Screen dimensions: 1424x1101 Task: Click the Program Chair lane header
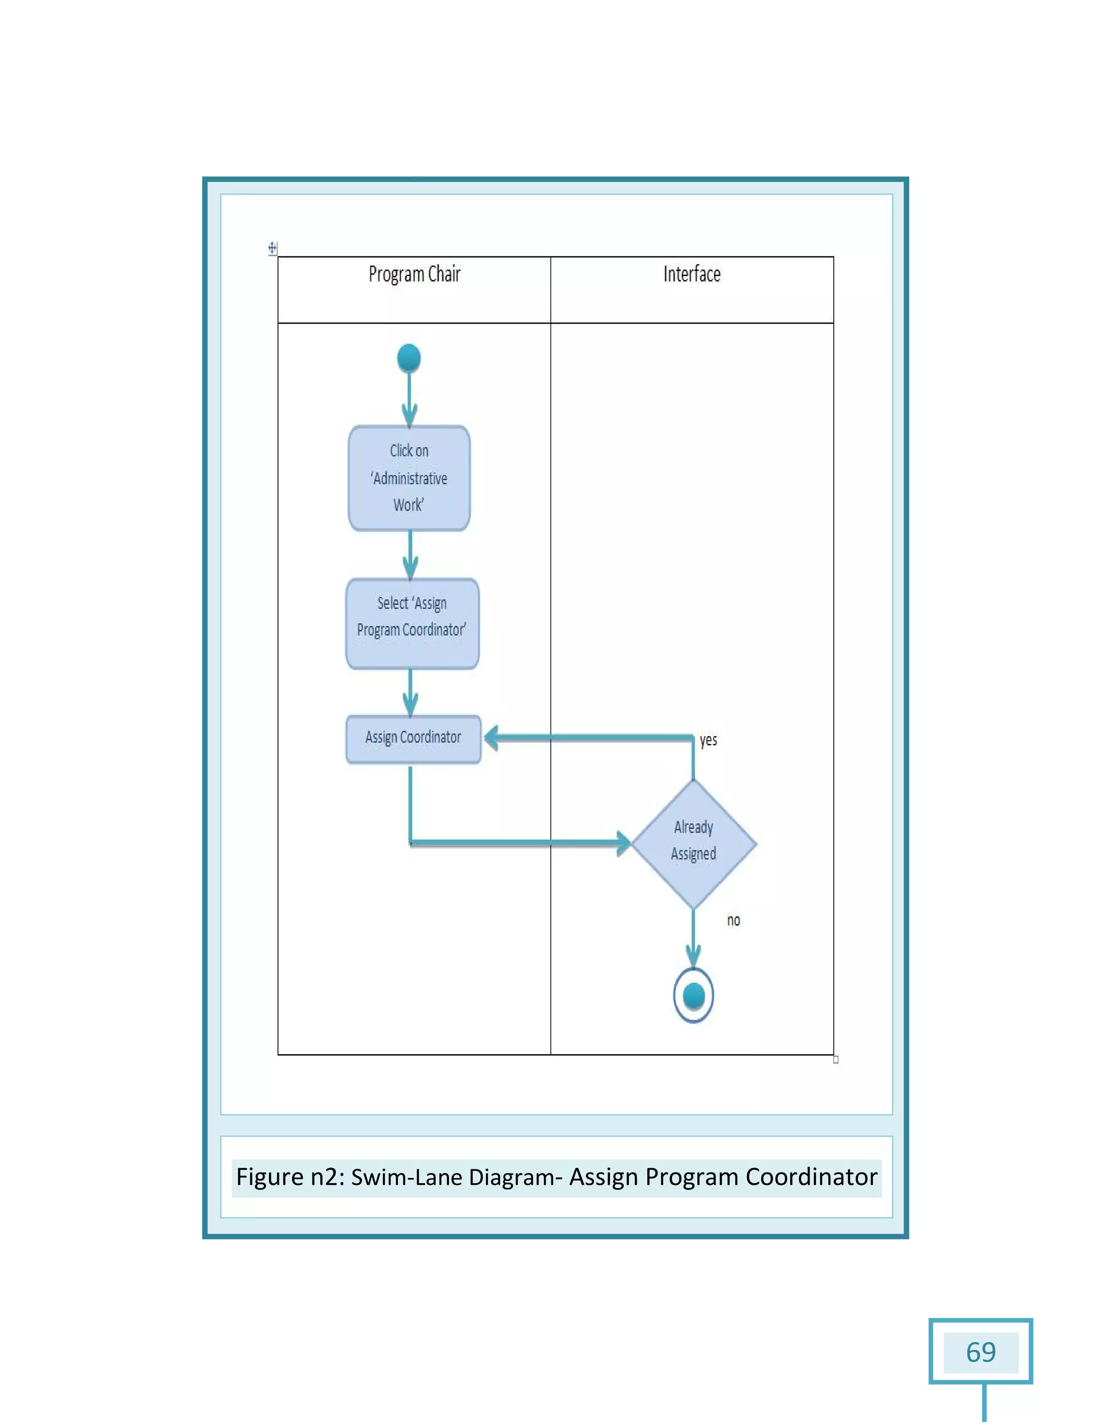click(414, 275)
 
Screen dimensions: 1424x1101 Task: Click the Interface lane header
click(691, 275)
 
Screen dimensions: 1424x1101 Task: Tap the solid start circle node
click(409, 358)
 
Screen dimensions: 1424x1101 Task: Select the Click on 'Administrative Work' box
click(409, 478)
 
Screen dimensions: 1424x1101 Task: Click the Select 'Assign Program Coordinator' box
click(412, 623)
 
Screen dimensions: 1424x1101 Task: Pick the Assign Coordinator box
click(413, 739)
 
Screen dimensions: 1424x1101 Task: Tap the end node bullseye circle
click(694, 996)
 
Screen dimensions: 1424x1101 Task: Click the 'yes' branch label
click(709, 740)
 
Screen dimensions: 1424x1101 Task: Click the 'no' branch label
click(733, 920)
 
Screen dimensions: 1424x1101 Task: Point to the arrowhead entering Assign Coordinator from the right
click(492, 738)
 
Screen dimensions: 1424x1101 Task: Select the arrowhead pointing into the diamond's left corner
click(624, 843)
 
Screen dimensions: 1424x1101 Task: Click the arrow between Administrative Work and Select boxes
click(410, 554)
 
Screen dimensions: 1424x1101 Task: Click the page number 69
click(981, 1353)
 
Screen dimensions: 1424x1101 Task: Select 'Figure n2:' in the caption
click(290, 1177)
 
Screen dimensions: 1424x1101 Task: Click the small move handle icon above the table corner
click(272, 248)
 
